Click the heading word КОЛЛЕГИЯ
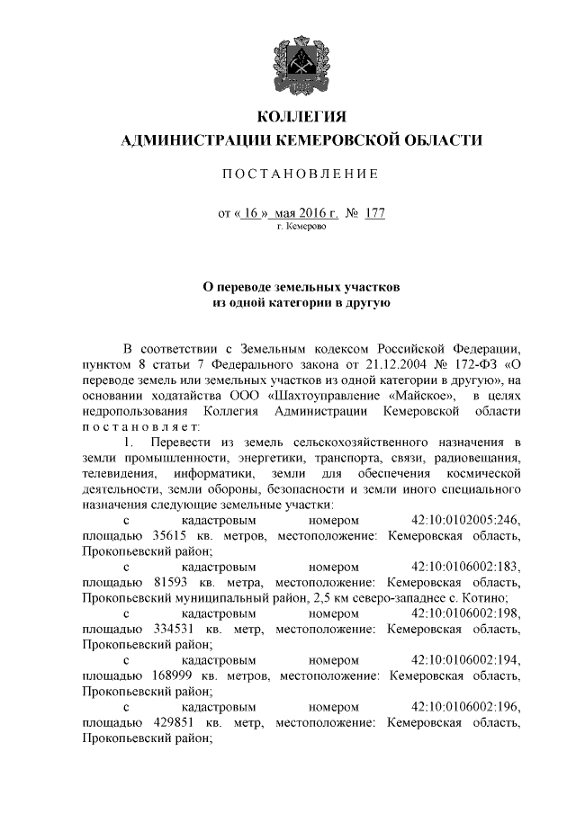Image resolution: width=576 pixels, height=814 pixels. (301, 117)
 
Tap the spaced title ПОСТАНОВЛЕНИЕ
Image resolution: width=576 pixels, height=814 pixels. (301, 173)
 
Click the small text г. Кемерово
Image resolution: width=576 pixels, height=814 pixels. (301, 228)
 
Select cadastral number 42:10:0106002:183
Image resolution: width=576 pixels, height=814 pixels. (465, 568)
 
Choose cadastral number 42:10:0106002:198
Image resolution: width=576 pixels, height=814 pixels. (465, 614)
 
